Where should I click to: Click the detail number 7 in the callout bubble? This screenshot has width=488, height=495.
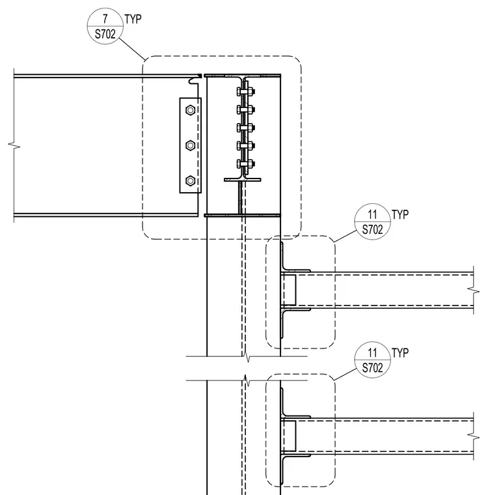pyautogui.click(x=105, y=19)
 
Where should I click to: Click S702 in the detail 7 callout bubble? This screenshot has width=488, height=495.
pyautogui.click(x=105, y=34)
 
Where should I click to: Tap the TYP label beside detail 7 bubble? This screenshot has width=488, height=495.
pyautogui.click(x=133, y=19)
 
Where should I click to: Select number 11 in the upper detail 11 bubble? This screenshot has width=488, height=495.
pyautogui.click(x=373, y=215)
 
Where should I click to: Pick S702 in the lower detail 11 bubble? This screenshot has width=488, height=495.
pyautogui.click(x=373, y=368)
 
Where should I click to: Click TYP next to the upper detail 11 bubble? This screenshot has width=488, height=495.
pyautogui.click(x=400, y=215)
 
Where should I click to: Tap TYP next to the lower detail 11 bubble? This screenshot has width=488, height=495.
pyautogui.click(x=400, y=352)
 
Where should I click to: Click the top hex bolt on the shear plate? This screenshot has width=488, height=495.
pyautogui.click(x=190, y=110)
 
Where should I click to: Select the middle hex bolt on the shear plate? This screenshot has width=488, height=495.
pyautogui.click(x=190, y=145)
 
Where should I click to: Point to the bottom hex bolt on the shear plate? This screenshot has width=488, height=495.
pyautogui.click(x=190, y=181)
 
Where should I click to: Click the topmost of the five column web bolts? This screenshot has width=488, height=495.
pyautogui.click(x=245, y=92)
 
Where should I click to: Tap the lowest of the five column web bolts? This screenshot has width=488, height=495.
pyautogui.click(x=245, y=164)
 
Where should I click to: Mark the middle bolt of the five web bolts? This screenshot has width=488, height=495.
pyautogui.click(x=245, y=128)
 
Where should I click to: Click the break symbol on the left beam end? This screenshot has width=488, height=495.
pyautogui.click(x=14, y=145)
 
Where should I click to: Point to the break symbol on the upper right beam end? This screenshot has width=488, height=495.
pyautogui.click(x=474, y=290)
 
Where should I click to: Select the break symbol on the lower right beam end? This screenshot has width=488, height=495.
pyautogui.click(x=474, y=437)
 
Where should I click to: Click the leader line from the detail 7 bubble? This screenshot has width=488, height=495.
pyautogui.click(x=132, y=49)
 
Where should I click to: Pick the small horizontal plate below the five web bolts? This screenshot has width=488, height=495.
pyautogui.click(x=243, y=180)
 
